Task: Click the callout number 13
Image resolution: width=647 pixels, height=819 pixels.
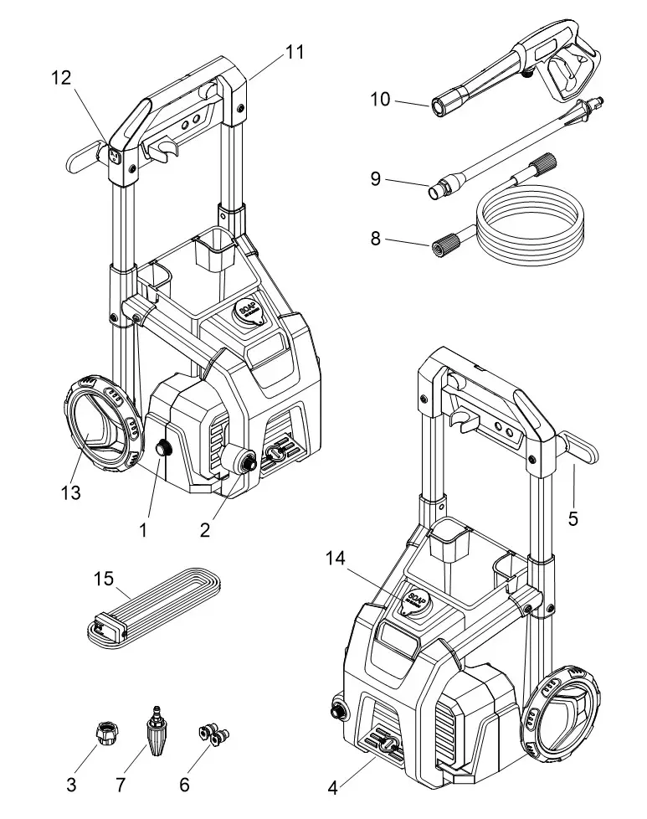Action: click(x=71, y=493)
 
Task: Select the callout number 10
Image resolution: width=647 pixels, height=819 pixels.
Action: click(x=380, y=100)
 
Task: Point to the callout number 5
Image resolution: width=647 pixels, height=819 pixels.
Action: click(x=573, y=519)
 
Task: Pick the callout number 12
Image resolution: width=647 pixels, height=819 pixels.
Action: click(x=61, y=78)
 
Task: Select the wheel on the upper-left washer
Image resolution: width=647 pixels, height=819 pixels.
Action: click(x=96, y=429)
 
